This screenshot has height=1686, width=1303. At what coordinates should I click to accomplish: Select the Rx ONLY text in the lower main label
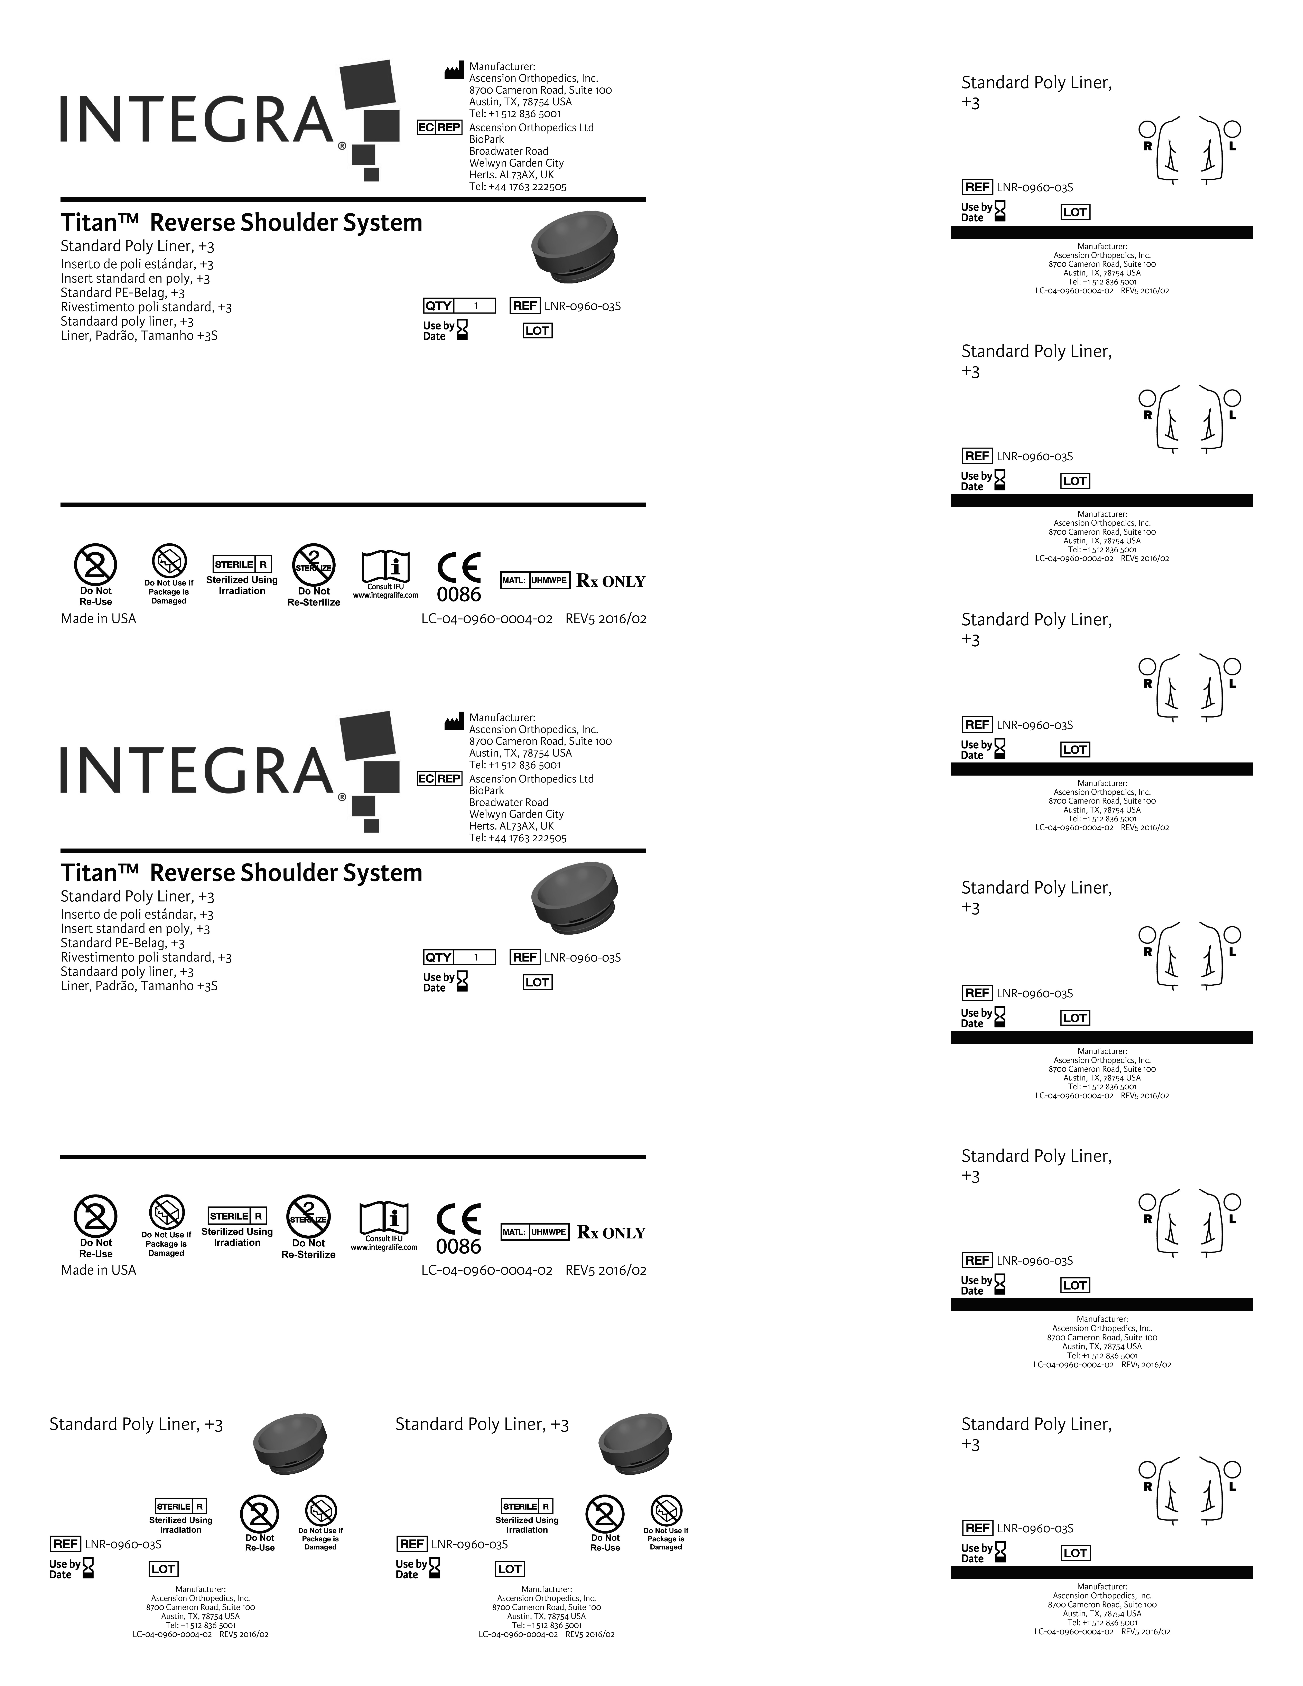(x=611, y=1233)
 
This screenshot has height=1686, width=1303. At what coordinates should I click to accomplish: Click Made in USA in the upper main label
(x=98, y=618)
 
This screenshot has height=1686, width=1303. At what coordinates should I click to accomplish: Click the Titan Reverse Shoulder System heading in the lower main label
(x=242, y=873)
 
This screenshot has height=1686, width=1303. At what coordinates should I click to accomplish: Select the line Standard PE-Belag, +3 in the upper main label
(x=123, y=293)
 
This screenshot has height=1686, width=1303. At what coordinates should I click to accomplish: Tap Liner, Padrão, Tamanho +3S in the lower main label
(x=139, y=986)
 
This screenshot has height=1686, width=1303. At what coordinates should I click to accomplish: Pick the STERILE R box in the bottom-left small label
(x=181, y=1506)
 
